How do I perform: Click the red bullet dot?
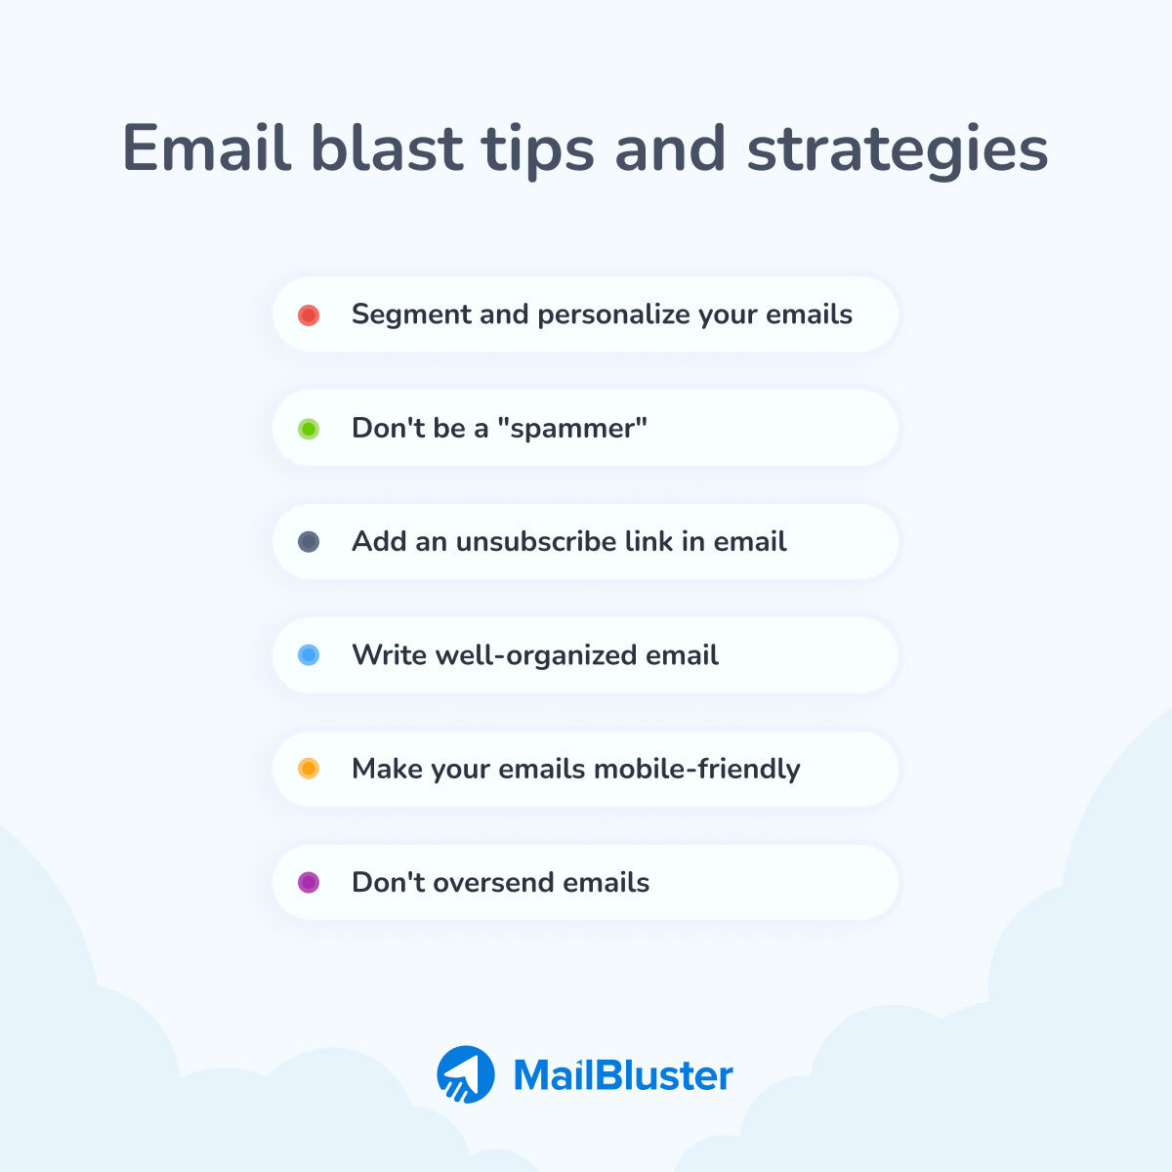[x=309, y=314]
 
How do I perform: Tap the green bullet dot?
[x=309, y=429]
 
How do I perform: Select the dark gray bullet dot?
[x=309, y=542]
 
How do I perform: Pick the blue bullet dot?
[x=309, y=655]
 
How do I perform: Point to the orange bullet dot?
[x=309, y=769]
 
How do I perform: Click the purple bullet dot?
[x=309, y=883]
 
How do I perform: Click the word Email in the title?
[x=206, y=148]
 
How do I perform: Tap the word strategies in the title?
[x=898, y=150]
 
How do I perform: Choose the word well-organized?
[x=522, y=655]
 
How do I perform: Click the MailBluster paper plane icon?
[x=466, y=1074]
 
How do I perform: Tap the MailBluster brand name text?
[x=623, y=1075]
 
